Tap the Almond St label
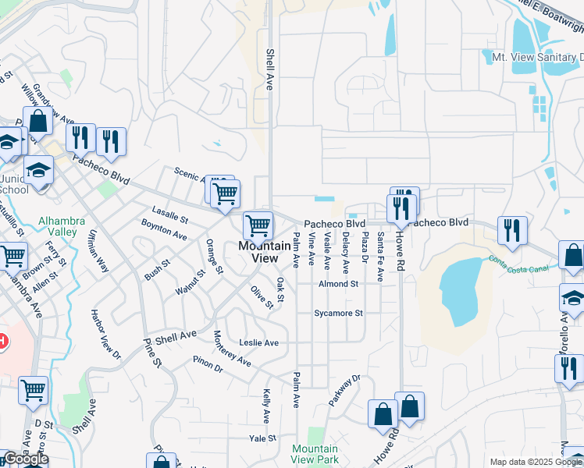coord(337,284)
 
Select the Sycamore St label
coord(338,314)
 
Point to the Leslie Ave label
coord(258,342)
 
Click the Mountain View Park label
coord(315,454)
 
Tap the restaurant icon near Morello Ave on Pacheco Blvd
coord(512,229)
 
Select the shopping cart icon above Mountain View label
coord(258,226)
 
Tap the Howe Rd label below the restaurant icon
coord(400,236)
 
